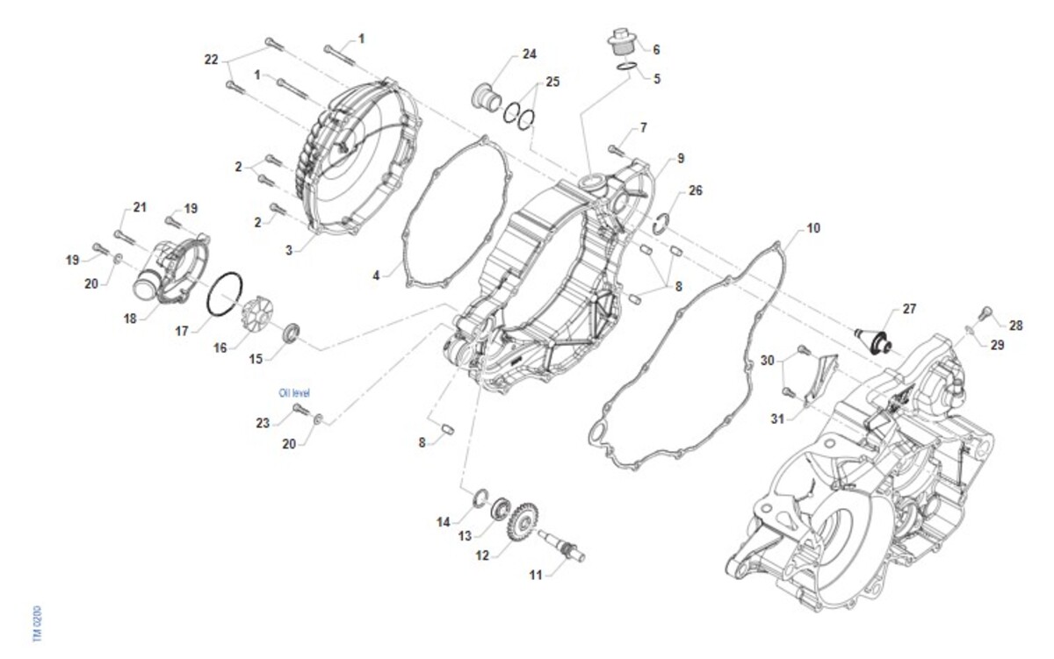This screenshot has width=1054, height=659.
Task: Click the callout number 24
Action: tap(529, 54)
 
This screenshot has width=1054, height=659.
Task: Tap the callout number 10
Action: tap(813, 228)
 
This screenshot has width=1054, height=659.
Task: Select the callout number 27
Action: tap(908, 310)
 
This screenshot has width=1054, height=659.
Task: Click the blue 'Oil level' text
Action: tap(294, 393)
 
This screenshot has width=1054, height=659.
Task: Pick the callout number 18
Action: tap(130, 319)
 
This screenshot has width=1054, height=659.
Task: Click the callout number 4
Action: tap(376, 275)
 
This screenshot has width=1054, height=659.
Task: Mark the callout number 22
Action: tap(211, 60)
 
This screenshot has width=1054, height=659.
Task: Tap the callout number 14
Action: tap(444, 521)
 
